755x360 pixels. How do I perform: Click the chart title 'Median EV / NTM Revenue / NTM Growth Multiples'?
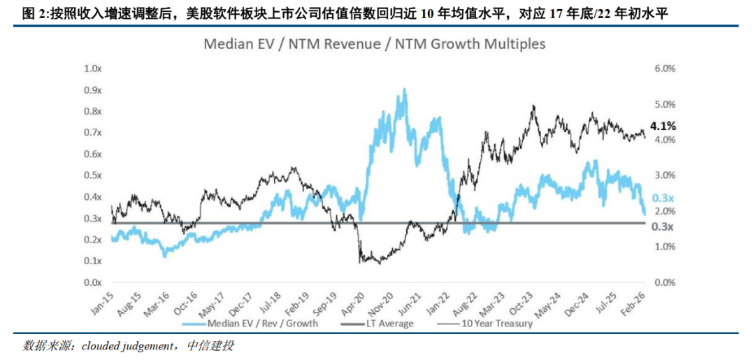374,43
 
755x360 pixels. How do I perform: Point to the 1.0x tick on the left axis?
92,69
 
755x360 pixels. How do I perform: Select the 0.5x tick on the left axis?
92,175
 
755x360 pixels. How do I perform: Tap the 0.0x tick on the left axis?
92,282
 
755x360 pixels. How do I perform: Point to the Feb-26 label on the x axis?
634,300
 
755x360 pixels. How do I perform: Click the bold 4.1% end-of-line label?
663,127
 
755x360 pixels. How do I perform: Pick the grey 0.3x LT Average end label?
661,226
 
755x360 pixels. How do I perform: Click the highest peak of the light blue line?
405,90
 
